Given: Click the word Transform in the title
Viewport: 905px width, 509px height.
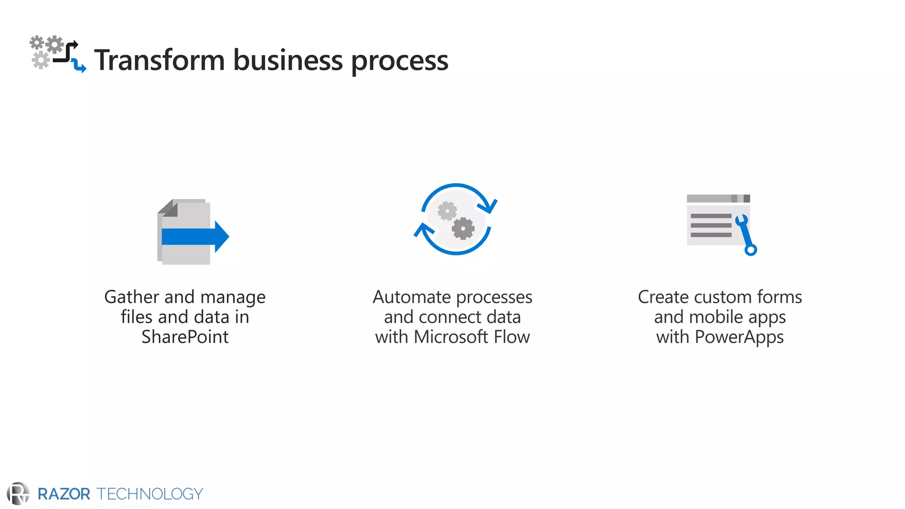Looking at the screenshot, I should (160, 60).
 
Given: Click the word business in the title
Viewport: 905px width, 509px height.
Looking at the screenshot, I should (288, 60).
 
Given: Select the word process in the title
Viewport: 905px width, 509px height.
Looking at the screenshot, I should (399, 61).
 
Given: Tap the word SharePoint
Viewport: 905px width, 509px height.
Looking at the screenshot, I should (185, 337).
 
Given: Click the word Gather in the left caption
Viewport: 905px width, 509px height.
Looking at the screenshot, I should (132, 297).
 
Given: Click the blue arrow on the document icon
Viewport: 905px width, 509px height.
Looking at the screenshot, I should (195, 237).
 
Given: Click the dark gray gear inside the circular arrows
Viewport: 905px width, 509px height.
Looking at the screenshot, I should (463, 228).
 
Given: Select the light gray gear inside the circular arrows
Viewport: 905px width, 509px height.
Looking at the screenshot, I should (447, 211).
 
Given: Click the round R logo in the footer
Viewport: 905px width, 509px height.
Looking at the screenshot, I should (18, 494).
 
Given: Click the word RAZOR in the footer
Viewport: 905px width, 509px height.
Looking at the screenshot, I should (64, 494).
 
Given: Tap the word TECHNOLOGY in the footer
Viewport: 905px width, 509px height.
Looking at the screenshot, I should (150, 494).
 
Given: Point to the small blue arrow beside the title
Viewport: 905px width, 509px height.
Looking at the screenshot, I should (79, 66).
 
